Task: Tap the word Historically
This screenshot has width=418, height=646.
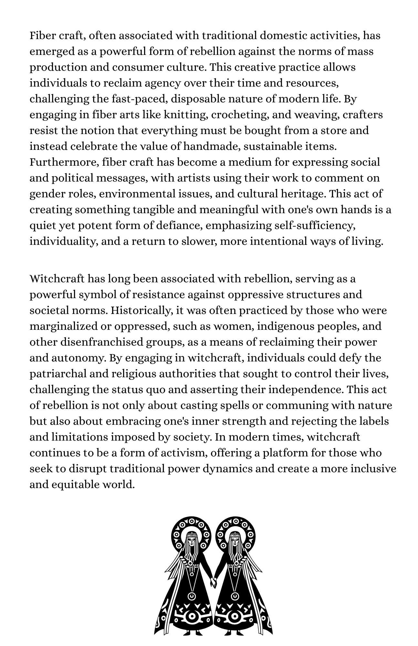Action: pyautogui.click(x=141, y=310)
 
